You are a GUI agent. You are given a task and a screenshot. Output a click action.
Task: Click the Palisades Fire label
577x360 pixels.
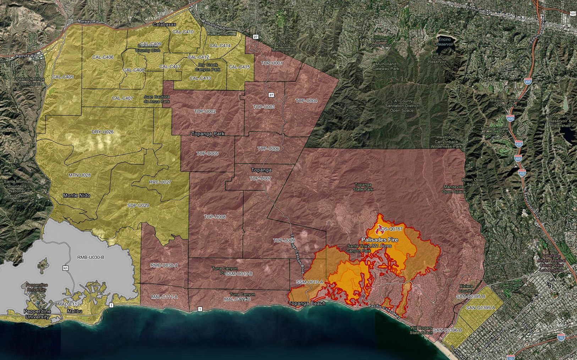click(379, 240)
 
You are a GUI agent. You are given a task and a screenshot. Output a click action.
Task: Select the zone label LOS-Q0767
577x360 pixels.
click(390, 229)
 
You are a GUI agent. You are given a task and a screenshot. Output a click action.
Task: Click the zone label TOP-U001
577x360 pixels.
click(271, 63)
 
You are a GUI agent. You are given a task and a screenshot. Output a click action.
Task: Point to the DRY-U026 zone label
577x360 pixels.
click(103, 132)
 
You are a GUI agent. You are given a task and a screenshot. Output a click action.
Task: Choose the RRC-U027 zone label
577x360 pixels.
click(160, 182)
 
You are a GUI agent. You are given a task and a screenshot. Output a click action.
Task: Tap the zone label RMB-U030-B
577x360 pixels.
click(90, 257)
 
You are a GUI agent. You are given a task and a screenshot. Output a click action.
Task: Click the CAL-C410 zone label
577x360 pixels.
click(183, 32)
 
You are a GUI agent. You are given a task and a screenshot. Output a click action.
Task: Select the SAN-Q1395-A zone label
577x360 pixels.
click(480, 308)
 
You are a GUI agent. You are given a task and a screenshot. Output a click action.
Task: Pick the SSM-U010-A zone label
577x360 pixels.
click(309, 282)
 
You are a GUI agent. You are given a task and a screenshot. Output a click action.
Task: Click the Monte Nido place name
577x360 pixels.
click(76, 195)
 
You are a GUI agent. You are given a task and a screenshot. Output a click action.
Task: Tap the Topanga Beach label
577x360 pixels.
click(307, 304)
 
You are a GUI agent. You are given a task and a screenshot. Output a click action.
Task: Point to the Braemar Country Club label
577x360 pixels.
click(379, 43)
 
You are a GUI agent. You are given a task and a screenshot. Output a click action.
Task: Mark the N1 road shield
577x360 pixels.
click(65, 268)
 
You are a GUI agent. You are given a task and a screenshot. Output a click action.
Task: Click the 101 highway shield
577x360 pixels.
click(573, 13)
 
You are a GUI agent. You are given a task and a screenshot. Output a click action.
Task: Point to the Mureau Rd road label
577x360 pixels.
click(88, 21)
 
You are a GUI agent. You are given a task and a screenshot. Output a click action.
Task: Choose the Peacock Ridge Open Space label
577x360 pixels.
click(30, 81)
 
